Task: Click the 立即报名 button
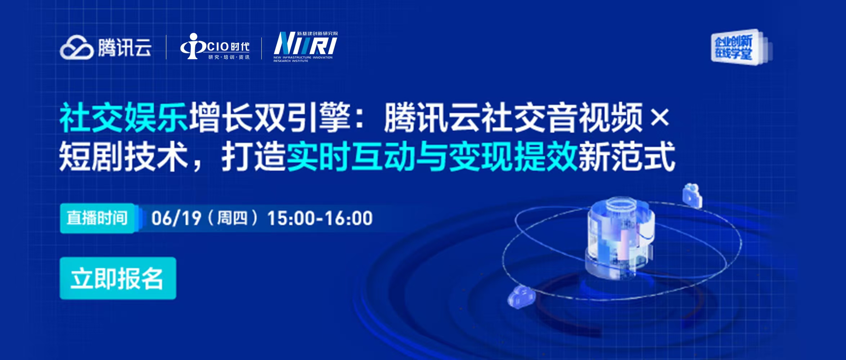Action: click(118, 278)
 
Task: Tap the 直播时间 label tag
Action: click(97, 218)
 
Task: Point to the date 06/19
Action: click(176, 218)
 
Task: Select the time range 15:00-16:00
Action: click(320, 218)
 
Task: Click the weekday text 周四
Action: click(232, 218)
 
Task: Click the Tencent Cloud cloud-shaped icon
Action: click(77, 47)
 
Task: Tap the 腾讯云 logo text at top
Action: click(125, 48)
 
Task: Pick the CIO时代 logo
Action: click(215, 46)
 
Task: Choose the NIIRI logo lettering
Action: click(305, 43)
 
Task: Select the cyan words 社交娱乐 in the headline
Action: click(123, 117)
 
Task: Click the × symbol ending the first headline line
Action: click(660, 117)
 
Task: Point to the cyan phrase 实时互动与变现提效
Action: click(432, 156)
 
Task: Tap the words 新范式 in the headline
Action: click(627, 156)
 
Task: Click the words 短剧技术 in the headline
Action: click(123, 156)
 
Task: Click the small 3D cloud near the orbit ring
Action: click(521, 297)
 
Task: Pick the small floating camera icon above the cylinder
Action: click(692, 195)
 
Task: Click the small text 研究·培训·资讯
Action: click(229, 57)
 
